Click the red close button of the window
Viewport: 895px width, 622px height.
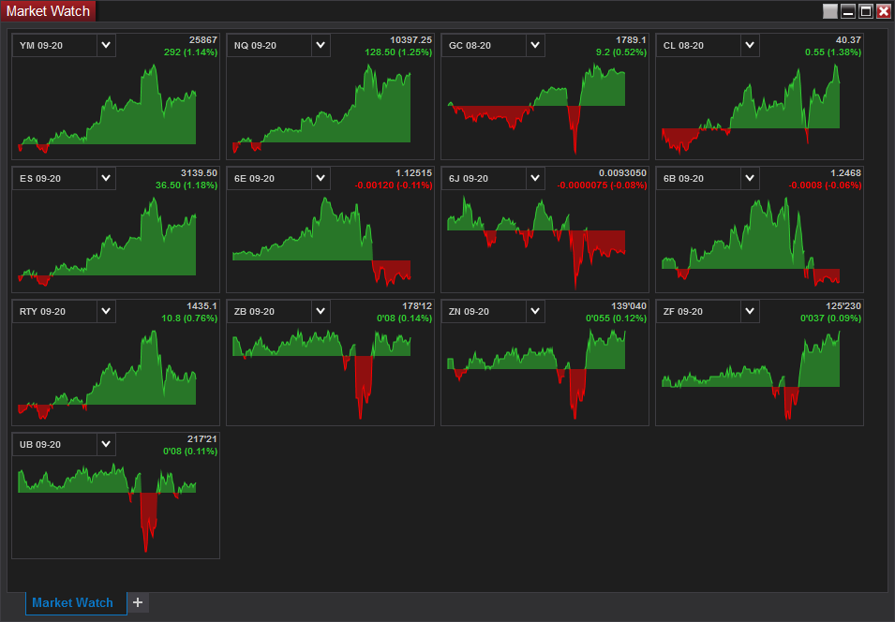884,11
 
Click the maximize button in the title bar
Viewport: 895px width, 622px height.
866,11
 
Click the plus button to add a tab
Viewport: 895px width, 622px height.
138,602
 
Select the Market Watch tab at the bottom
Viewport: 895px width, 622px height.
72,602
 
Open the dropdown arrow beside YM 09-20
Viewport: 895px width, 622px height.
106,45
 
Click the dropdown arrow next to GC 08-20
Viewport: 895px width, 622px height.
535,45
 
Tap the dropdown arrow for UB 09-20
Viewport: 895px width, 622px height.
106,444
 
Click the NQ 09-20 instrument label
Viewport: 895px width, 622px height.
255,46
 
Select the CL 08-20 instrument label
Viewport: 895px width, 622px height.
683,46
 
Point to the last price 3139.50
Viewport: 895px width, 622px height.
200,173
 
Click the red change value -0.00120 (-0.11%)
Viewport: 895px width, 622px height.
394,185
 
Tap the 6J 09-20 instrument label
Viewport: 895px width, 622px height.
469,179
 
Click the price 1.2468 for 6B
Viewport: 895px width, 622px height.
846,173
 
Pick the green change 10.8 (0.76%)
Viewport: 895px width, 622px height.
189,318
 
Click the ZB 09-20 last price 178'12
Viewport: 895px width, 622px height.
417,306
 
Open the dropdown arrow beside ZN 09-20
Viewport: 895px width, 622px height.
535,311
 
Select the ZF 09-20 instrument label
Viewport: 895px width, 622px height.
683,312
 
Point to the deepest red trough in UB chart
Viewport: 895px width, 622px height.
145,551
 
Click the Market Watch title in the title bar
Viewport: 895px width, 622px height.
48,11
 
